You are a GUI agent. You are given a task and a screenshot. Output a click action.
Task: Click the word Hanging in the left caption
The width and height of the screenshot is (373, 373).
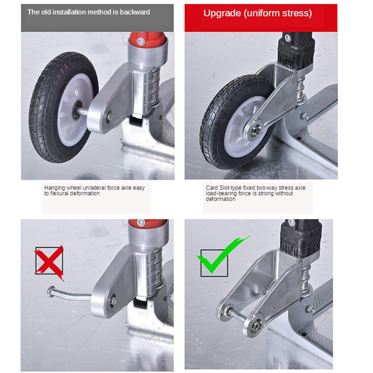point(54,188)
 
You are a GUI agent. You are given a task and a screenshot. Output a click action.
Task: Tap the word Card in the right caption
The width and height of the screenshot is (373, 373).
point(211,188)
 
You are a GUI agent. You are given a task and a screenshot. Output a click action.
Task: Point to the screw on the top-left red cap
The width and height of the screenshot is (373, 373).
point(141,41)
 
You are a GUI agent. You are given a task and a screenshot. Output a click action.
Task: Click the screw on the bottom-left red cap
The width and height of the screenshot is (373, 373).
point(141,222)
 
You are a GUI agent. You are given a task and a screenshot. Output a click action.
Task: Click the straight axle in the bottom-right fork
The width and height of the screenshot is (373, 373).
point(238,315)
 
